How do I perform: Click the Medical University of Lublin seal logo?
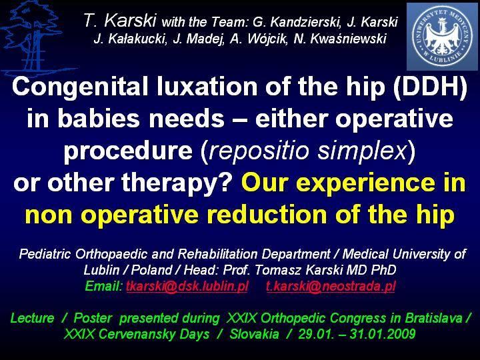(442, 37)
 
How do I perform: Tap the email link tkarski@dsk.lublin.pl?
(187, 286)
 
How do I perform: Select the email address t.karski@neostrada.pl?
(331, 286)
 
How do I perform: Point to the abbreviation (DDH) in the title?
(431, 87)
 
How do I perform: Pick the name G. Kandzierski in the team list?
(297, 22)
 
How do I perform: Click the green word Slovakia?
(255, 334)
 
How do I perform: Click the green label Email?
(104, 286)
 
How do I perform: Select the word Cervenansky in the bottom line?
(154, 334)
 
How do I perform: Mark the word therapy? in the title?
(177, 183)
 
